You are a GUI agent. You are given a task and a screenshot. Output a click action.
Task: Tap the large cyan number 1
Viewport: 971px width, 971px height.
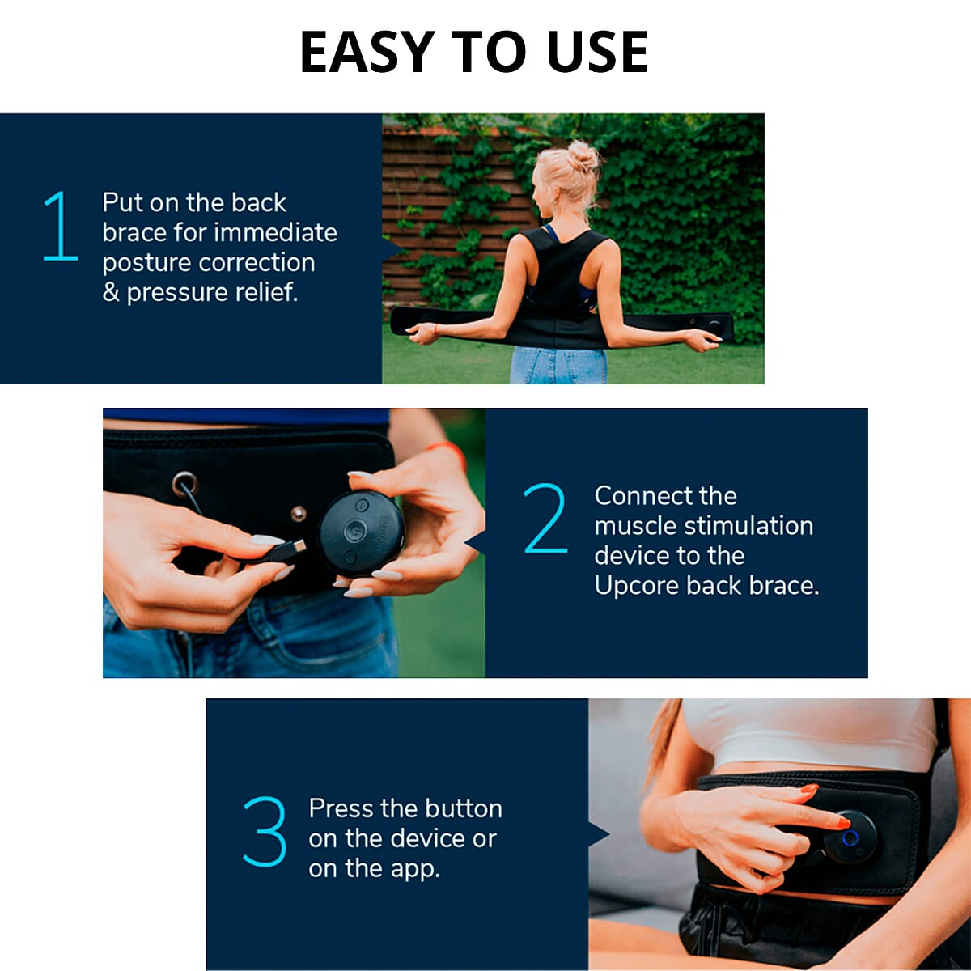[x=61, y=226]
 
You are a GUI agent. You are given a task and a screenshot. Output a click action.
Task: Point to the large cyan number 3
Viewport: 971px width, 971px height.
[x=265, y=832]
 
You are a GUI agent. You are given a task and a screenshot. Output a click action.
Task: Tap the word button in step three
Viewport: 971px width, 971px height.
[x=464, y=808]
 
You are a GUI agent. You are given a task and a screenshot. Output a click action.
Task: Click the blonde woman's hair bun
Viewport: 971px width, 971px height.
[x=583, y=155]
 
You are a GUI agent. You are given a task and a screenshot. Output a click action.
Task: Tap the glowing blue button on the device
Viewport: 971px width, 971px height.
[x=850, y=837]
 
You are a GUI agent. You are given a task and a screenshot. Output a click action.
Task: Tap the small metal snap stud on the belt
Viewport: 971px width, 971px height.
[x=299, y=513]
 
